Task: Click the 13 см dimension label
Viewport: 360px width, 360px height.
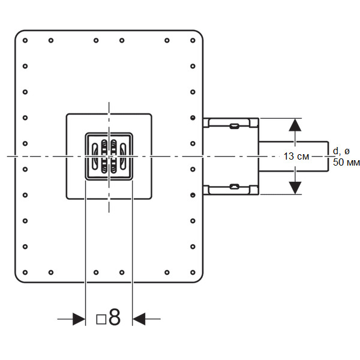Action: [x=296, y=156]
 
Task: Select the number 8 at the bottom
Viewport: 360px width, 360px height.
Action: [x=115, y=318]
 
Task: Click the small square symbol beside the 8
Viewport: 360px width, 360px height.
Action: [x=101, y=319]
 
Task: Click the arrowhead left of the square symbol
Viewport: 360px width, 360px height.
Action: [x=79, y=319]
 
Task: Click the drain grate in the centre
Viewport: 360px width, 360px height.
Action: [x=109, y=156]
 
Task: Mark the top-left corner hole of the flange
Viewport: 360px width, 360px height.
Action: [x=25, y=41]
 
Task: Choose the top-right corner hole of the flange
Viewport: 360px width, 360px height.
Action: [x=193, y=41]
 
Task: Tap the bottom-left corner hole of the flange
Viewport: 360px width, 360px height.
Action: [x=25, y=272]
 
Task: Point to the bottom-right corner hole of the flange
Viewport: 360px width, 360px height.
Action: [x=193, y=272]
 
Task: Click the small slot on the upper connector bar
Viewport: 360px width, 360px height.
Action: [x=234, y=125]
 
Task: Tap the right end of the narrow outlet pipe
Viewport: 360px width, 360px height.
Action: [x=327, y=156]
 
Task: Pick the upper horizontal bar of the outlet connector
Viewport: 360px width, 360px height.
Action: [x=232, y=122]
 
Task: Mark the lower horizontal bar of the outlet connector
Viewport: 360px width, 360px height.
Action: [x=232, y=190]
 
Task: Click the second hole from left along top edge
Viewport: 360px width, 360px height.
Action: [x=50, y=41]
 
